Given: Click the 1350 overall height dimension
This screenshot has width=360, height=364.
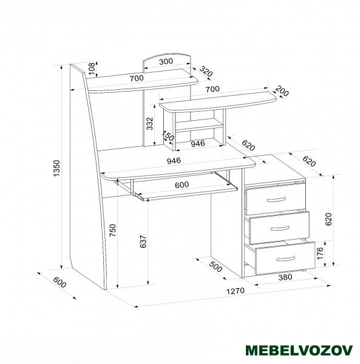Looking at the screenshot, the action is [57, 168].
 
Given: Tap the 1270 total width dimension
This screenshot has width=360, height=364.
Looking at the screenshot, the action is [236, 291].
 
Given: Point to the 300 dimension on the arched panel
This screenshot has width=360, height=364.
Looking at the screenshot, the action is [166, 61].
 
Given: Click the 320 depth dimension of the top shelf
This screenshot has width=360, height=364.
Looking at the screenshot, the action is [206, 71].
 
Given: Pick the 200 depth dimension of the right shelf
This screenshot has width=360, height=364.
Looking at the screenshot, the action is [282, 91].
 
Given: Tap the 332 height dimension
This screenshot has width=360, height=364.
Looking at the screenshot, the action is [150, 124].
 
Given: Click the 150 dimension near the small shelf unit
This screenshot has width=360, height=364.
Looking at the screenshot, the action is [168, 135].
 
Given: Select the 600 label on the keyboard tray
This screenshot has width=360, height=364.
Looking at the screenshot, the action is [182, 185].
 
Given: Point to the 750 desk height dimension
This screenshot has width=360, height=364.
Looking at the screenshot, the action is [113, 231].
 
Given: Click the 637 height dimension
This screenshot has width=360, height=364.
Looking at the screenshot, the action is [143, 241].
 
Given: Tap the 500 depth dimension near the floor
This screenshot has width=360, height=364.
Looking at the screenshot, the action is [216, 267].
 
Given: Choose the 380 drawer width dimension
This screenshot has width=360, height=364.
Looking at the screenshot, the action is [285, 277].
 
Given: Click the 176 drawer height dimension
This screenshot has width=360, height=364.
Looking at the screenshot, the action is [320, 253].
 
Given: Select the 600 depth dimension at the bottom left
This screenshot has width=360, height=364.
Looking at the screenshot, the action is [59, 283].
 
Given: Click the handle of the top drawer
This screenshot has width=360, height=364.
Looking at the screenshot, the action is [276, 200].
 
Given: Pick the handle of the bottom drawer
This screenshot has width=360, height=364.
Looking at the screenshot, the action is [286, 258].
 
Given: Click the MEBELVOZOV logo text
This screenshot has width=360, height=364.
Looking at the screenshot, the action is [299, 350].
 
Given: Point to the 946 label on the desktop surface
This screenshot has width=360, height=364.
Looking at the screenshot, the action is [174, 160].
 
